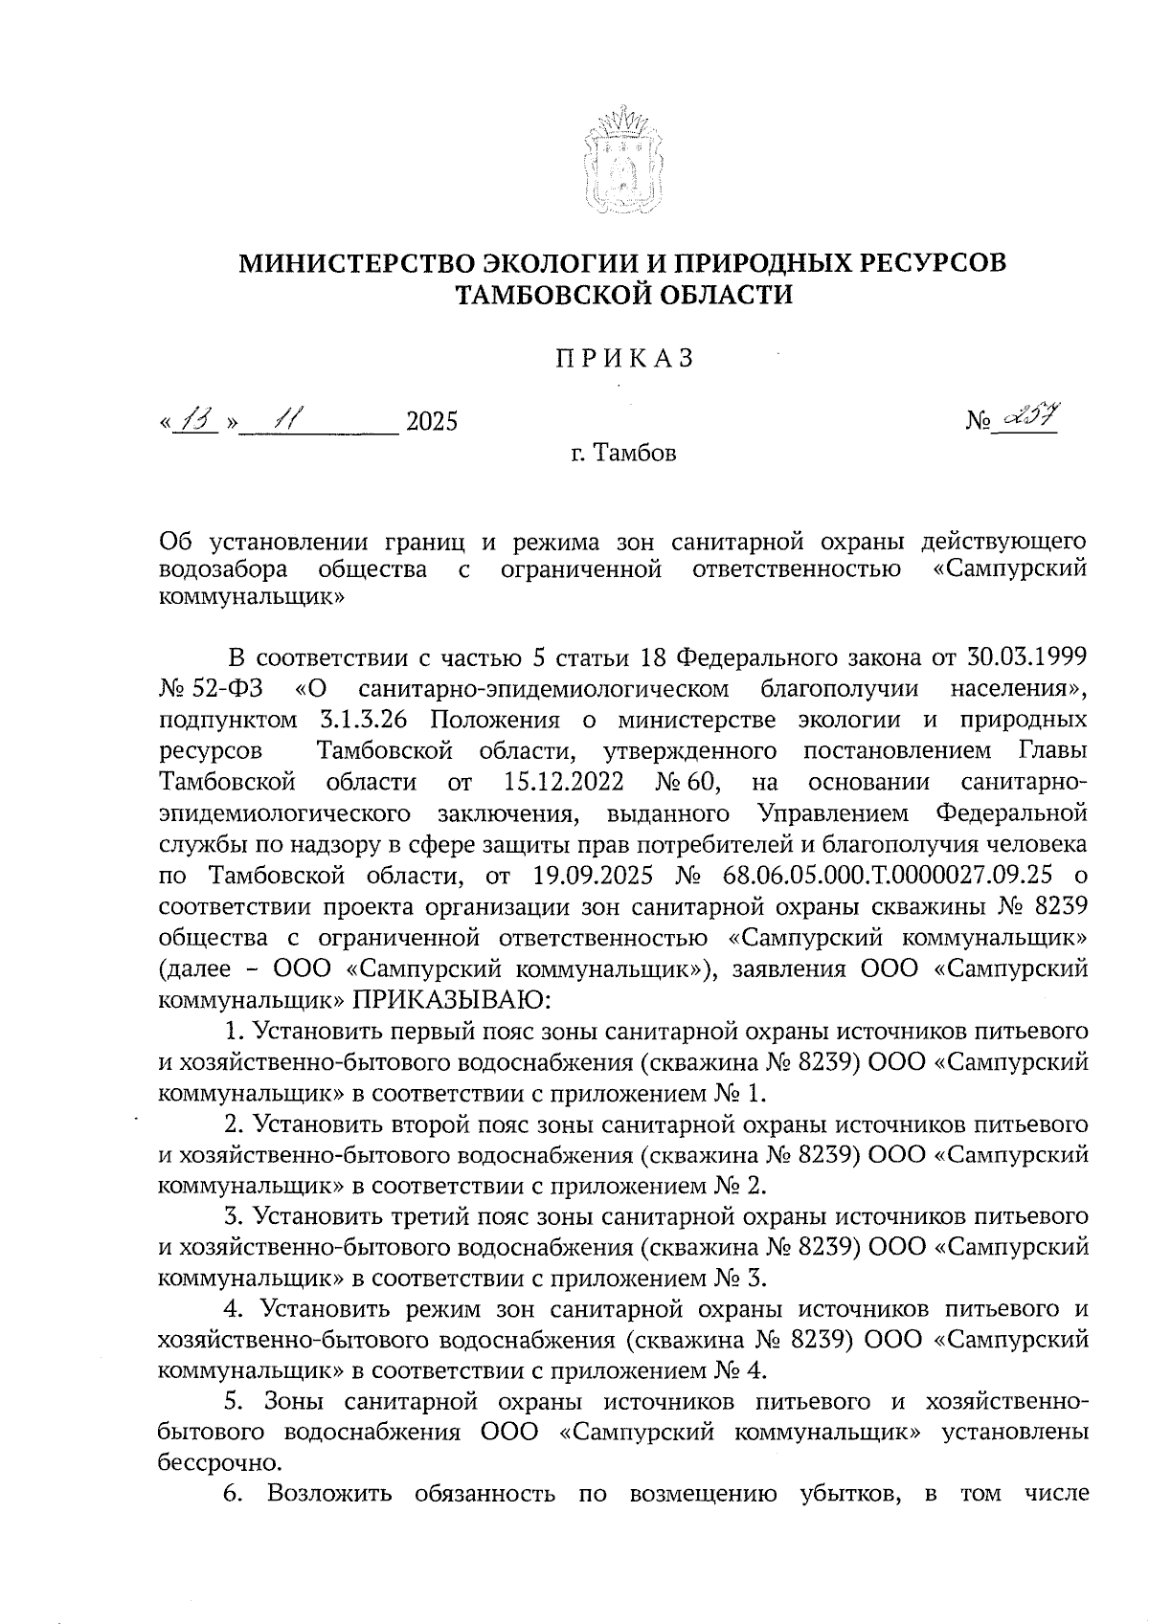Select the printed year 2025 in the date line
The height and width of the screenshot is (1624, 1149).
pos(432,421)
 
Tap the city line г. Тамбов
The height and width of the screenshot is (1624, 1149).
pos(621,453)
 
